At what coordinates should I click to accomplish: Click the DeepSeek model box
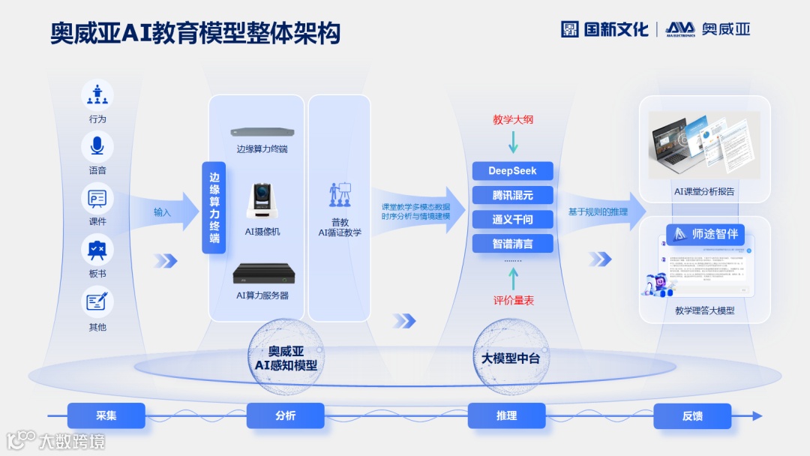pos(513,171)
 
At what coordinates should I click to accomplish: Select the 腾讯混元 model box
pos(513,195)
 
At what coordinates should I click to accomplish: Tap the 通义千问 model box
pos(513,219)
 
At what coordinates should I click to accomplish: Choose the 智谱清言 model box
pos(513,243)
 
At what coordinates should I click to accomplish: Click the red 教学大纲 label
pos(513,119)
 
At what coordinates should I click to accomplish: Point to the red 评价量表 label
pos(513,301)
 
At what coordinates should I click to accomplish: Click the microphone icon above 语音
pos(97,145)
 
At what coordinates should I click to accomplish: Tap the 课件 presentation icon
pos(97,198)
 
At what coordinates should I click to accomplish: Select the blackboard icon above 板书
pos(97,249)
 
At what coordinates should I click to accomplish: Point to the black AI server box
pos(262,274)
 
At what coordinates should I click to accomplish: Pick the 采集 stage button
pos(106,415)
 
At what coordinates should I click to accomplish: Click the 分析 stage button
pos(285,415)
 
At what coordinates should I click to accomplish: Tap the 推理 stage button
pos(506,415)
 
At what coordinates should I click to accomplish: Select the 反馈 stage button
pos(692,415)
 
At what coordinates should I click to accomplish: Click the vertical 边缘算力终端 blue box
pos(214,208)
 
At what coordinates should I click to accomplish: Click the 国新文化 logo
pos(604,29)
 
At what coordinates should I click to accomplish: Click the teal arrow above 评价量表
pos(513,279)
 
